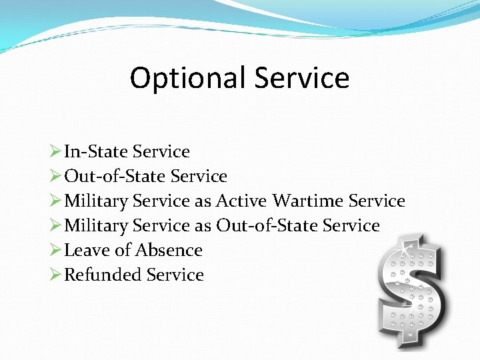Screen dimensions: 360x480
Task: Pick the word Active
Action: pos(241,201)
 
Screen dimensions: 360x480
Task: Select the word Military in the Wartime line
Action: pos(95,201)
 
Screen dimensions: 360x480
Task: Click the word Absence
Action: pos(169,250)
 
